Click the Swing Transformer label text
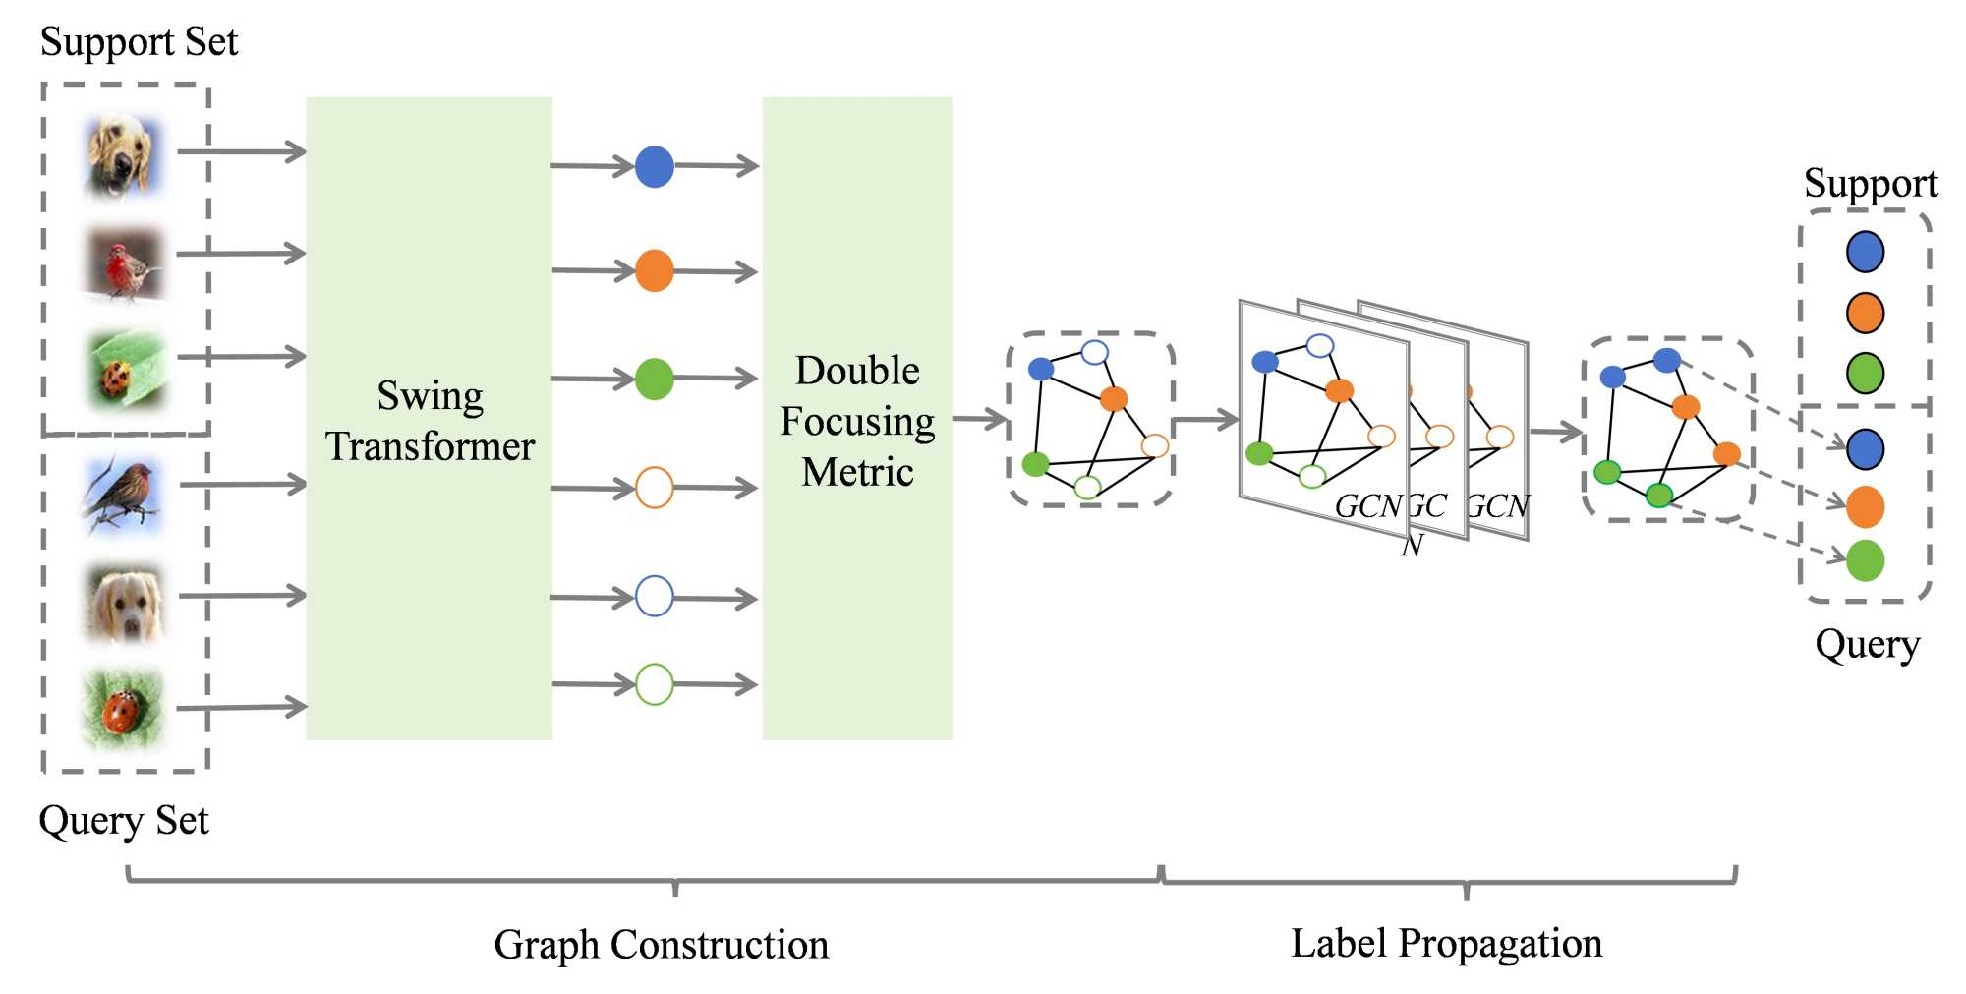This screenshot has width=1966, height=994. (x=430, y=421)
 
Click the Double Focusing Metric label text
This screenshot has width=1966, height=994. (x=857, y=421)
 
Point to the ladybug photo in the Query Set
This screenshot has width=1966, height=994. (x=122, y=709)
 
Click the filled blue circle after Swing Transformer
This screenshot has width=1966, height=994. (x=655, y=167)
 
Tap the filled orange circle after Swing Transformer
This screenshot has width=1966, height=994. (x=655, y=270)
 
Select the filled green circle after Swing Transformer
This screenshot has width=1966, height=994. (x=655, y=379)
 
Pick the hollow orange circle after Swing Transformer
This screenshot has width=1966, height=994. (x=655, y=488)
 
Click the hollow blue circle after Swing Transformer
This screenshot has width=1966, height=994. (x=655, y=597)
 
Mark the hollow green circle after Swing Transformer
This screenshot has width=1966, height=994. (x=655, y=684)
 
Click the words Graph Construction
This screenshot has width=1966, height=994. (x=661, y=945)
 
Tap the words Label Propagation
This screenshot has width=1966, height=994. (x=1446, y=944)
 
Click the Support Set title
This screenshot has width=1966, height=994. (x=139, y=42)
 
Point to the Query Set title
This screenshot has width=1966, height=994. (x=124, y=820)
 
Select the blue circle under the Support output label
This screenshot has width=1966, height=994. (x=1865, y=252)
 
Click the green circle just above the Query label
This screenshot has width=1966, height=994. (x=1865, y=560)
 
